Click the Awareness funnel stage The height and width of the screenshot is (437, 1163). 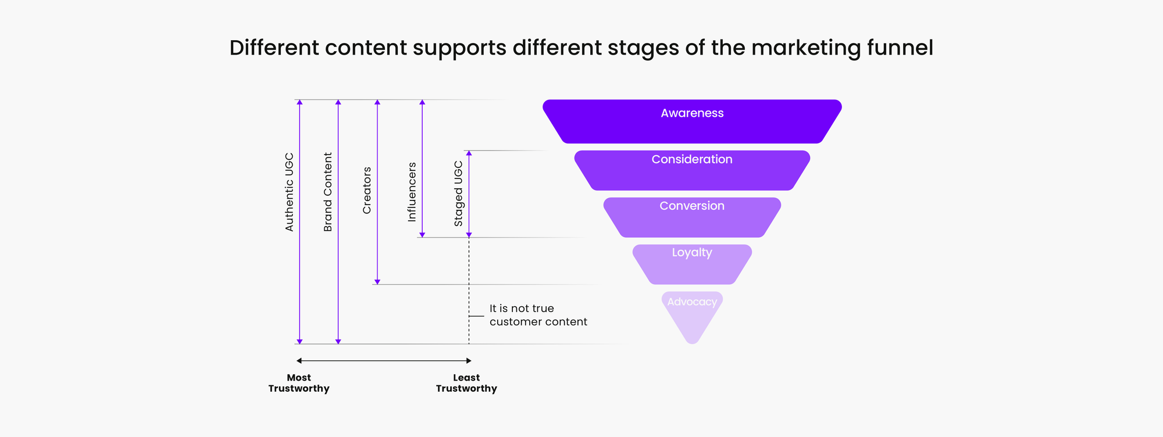[692, 121]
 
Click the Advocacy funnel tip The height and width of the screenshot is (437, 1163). [692, 314]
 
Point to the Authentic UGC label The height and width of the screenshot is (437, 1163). [290, 192]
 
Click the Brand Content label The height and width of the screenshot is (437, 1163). [328, 192]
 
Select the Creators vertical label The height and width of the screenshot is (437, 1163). [367, 190]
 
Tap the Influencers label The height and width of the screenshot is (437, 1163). [412, 192]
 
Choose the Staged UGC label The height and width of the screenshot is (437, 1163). [458, 194]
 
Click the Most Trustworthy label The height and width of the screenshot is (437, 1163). [299, 383]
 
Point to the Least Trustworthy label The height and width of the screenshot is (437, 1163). [466, 383]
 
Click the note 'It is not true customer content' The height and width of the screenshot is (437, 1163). [538, 315]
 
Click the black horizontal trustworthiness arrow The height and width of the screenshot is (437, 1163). [384, 361]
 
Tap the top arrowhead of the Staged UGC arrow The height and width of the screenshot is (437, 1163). [469, 153]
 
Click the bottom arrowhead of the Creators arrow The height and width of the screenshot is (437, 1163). [377, 282]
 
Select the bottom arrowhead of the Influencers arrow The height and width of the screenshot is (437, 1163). [422, 235]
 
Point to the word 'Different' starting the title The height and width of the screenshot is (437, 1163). [274, 48]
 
